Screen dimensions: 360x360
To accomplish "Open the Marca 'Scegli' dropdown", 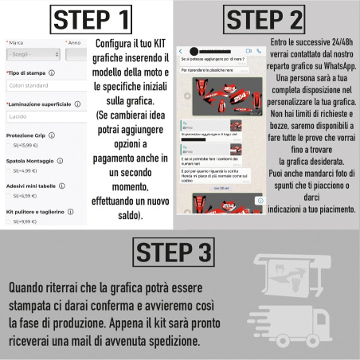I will pos(32,55).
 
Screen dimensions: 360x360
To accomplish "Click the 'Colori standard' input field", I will pos(44,85).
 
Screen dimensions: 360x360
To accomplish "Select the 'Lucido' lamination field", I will pos(44,116).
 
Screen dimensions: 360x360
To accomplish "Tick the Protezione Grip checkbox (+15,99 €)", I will pos(9,146).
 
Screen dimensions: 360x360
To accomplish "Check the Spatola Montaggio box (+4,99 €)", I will pos(9,170).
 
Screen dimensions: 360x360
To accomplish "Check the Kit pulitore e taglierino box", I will pos(9,221).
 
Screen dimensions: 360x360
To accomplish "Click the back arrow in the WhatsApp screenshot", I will pos(182,50).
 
